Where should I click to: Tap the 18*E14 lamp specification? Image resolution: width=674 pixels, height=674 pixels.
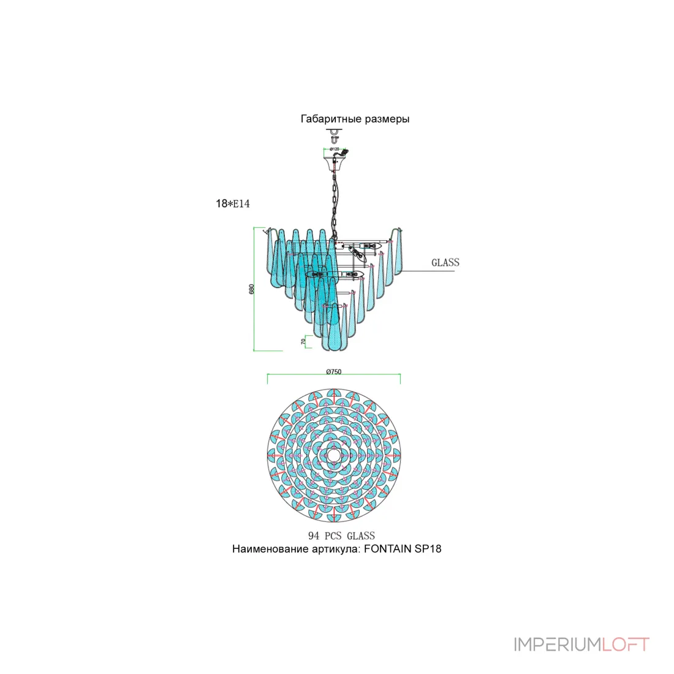pyautogui.click(x=233, y=203)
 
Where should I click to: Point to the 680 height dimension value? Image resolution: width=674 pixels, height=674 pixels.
pyautogui.click(x=251, y=289)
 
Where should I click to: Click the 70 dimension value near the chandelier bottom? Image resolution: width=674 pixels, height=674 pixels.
pyautogui.click(x=303, y=342)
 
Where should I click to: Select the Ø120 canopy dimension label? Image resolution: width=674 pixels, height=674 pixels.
pyautogui.click(x=335, y=149)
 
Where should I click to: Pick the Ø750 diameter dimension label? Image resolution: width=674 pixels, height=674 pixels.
pyautogui.click(x=333, y=372)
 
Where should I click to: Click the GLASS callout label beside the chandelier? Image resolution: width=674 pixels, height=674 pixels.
pyautogui.click(x=445, y=262)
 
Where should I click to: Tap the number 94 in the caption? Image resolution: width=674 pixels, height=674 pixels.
pyautogui.click(x=314, y=536)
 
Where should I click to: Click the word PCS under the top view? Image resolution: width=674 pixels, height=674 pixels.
pyautogui.click(x=333, y=536)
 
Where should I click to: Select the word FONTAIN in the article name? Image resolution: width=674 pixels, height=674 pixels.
pyautogui.click(x=387, y=549)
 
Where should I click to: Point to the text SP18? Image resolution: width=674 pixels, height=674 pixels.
pyautogui.click(x=428, y=549)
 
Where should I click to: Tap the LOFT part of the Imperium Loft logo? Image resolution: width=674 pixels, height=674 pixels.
pyautogui.click(x=625, y=645)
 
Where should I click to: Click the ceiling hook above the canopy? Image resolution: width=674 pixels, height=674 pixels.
pyautogui.click(x=334, y=136)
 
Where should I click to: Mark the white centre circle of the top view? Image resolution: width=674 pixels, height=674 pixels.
pyautogui.click(x=333, y=455)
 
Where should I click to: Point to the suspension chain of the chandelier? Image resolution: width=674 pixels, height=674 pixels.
pyautogui.click(x=334, y=202)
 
